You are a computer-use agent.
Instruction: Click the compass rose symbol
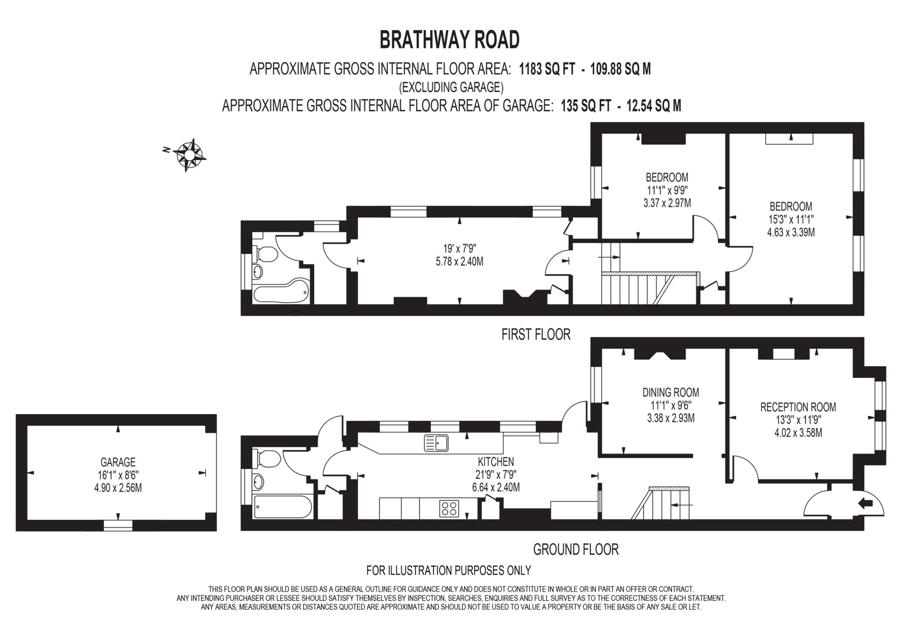[190, 155]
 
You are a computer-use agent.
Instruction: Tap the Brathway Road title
[449, 40]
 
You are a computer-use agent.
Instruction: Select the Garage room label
[118, 462]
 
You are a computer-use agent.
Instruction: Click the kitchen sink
[436, 443]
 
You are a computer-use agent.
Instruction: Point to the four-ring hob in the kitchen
[449, 508]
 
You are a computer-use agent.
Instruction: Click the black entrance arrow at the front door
[866, 503]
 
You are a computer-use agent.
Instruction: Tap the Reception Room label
[798, 407]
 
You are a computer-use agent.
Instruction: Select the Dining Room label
[671, 392]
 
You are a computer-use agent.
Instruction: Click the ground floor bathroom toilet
[266, 460]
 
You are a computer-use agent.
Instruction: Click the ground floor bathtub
[282, 507]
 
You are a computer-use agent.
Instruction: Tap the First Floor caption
[536, 334]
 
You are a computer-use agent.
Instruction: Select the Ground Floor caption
[576, 549]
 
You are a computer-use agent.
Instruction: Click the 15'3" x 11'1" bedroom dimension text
[791, 219]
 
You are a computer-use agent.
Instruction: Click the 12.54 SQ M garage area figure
[654, 106]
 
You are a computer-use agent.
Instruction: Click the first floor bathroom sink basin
[257, 271]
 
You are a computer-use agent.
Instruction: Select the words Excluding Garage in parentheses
[451, 87]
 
